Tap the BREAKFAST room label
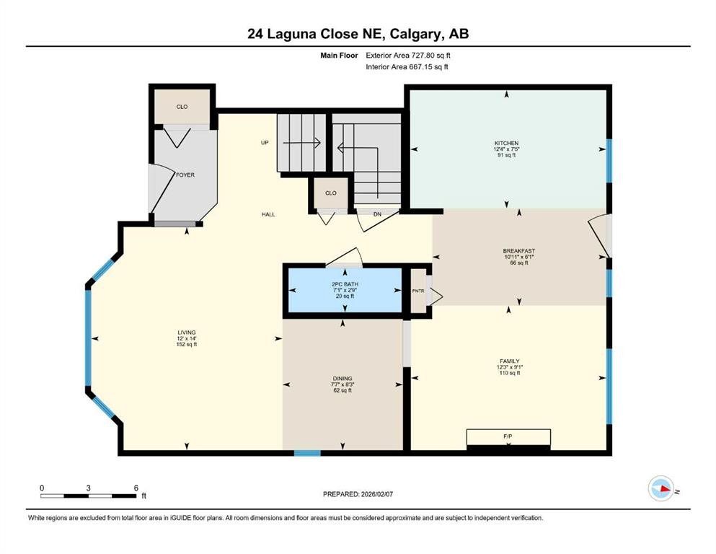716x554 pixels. pos(518,252)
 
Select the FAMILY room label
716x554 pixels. pos(510,361)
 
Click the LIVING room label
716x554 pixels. pos(187,333)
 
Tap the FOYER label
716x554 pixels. pos(185,175)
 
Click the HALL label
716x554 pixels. pos(268,214)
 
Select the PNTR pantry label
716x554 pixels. pos(417,291)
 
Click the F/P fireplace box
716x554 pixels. pos(508,437)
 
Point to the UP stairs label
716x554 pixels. pos(265,143)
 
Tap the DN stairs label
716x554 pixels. pos(376,214)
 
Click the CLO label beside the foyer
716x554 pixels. pos(182,107)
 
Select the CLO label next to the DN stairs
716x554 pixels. pos(330,193)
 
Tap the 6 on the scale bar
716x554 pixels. pos(136,488)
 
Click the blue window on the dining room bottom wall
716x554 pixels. pos(307,453)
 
